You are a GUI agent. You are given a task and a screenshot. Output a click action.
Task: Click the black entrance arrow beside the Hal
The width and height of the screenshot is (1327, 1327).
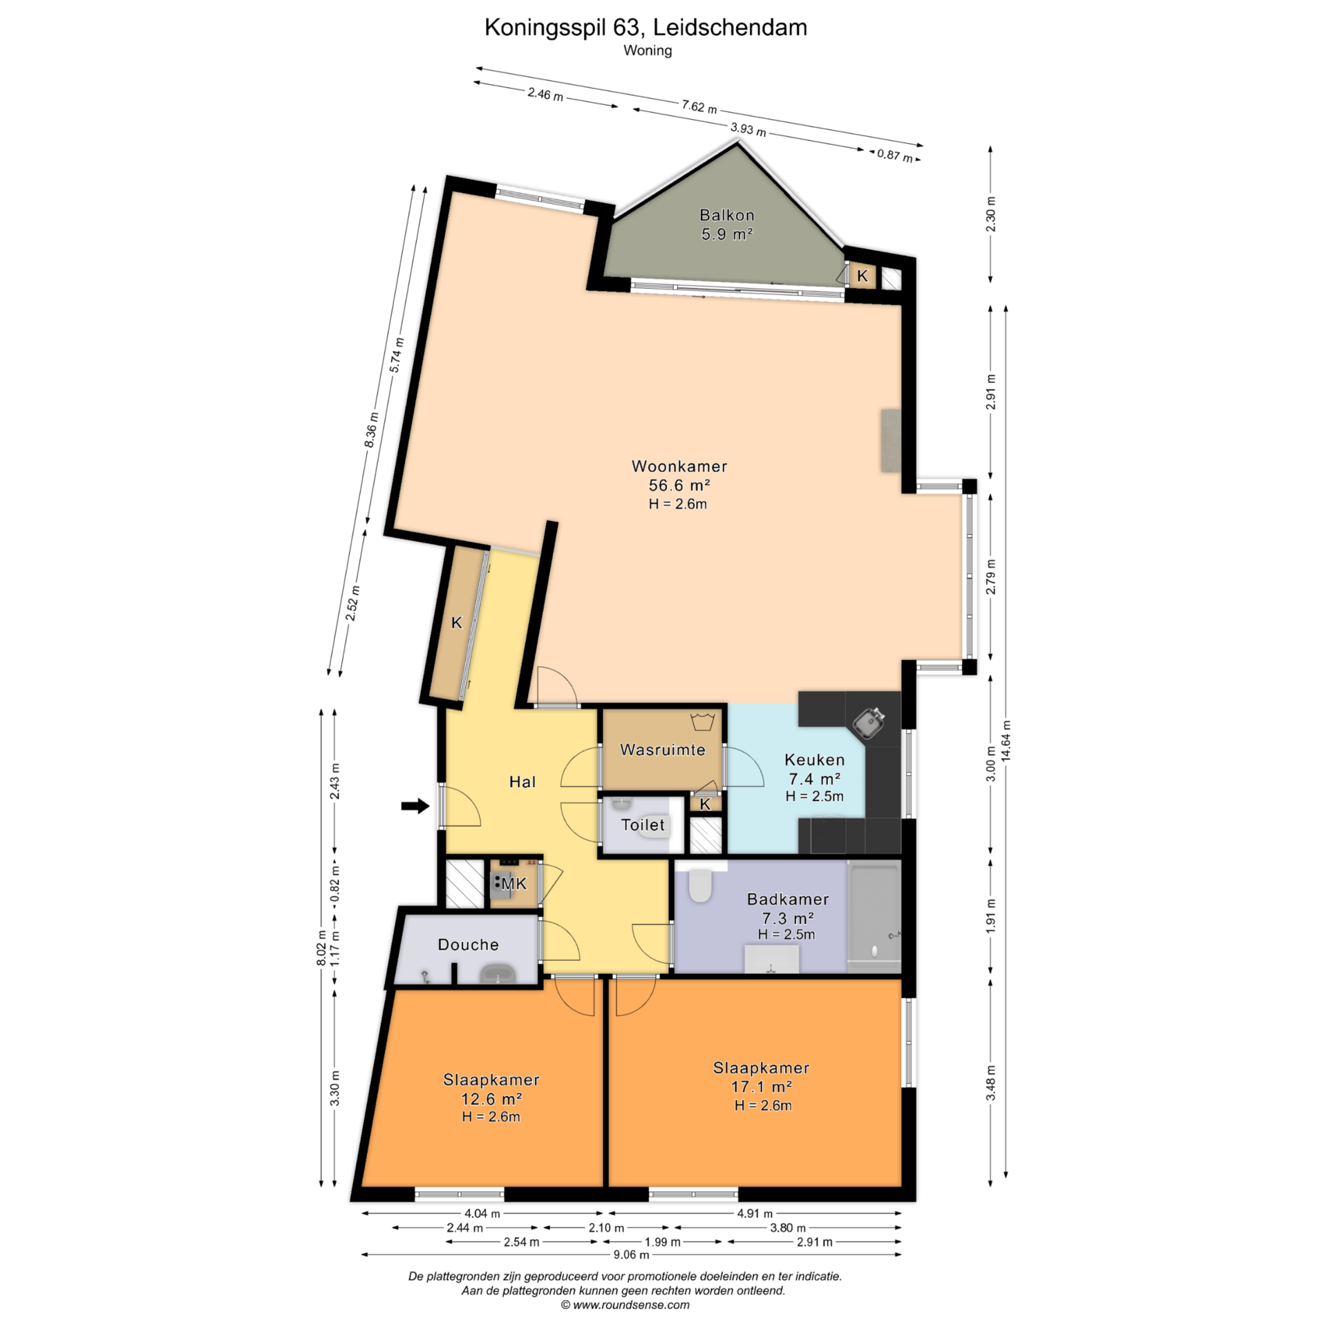point(415,806)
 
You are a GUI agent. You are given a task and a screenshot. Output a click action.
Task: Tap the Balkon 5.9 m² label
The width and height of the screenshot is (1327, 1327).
point(726,225)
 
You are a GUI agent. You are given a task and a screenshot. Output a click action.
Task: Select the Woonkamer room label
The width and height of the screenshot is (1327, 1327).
point(679,466)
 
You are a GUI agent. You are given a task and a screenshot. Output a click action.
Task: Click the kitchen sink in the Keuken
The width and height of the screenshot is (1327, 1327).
point(869,723)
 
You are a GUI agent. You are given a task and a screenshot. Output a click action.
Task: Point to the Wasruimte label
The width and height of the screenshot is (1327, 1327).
point(662,750)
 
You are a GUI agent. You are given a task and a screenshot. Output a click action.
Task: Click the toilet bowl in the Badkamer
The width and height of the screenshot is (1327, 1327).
point(700,885)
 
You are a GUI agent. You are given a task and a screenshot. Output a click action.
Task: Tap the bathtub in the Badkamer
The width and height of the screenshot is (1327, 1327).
point(874,915)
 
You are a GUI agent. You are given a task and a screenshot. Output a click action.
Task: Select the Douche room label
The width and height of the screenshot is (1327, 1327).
point(468,945)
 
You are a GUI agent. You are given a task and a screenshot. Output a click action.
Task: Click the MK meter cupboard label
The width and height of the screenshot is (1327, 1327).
point(514,883)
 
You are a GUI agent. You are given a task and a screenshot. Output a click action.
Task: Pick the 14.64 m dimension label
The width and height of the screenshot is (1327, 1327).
point(1006,741)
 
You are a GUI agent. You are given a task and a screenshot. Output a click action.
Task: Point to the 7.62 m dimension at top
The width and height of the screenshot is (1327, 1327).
point(699,107)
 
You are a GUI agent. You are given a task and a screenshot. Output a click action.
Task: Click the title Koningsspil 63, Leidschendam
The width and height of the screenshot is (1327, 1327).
point(646,28)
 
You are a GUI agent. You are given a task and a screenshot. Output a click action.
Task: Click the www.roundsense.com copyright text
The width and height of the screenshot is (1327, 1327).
point(625,1305)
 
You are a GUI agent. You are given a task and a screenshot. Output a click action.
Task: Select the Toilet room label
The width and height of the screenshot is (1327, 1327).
point(643,825)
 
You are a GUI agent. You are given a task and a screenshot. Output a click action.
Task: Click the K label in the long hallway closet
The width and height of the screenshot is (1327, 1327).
point(457,623)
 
